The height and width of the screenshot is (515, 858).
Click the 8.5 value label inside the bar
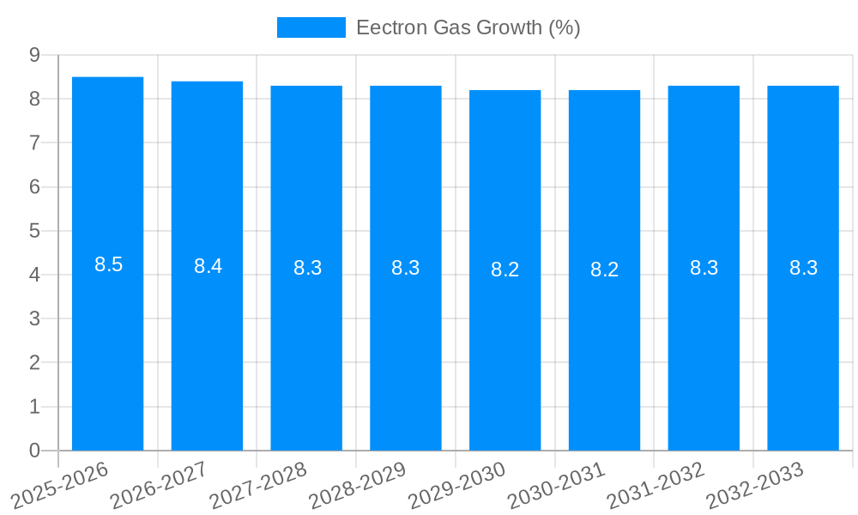coord(109,264)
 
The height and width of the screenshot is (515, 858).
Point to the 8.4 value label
coord(208,266)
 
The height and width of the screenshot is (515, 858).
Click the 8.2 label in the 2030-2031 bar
coord(605,270)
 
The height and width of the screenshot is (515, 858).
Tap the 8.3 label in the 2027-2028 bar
coord(308,268)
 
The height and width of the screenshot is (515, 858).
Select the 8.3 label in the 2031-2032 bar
coord(704,268)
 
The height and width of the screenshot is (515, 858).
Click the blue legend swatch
coord(311,27)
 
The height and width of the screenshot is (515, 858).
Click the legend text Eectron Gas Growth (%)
coord(468,27)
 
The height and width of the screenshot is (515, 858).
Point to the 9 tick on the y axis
coord(34,55)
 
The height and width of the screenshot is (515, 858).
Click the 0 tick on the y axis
coord(34,451)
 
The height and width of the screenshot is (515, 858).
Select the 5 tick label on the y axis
coord(34,231)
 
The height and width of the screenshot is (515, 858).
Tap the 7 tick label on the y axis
coord(34,142)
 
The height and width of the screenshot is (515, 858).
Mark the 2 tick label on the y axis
coord(34,363)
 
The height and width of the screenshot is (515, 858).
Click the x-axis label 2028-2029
coord(358,485)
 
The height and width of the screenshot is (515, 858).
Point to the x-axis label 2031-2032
coord(656,485)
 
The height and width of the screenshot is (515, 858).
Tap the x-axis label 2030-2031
coord(557,485)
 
